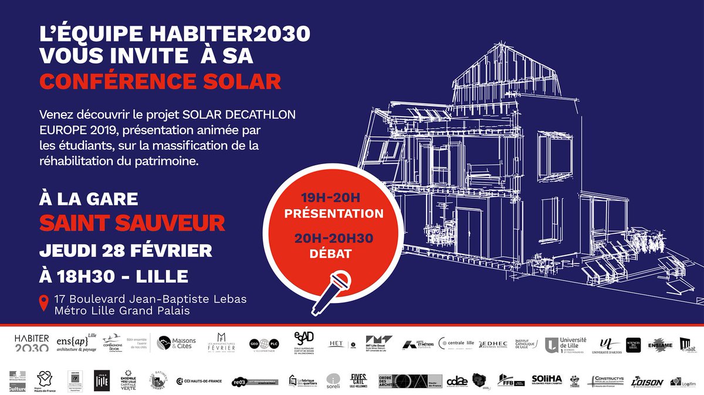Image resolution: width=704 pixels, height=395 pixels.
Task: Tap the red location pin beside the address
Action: coord(43,304)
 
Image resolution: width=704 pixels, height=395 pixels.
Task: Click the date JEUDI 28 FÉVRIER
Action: coord(126,250)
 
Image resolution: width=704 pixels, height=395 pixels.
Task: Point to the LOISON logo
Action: coord(648,382)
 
